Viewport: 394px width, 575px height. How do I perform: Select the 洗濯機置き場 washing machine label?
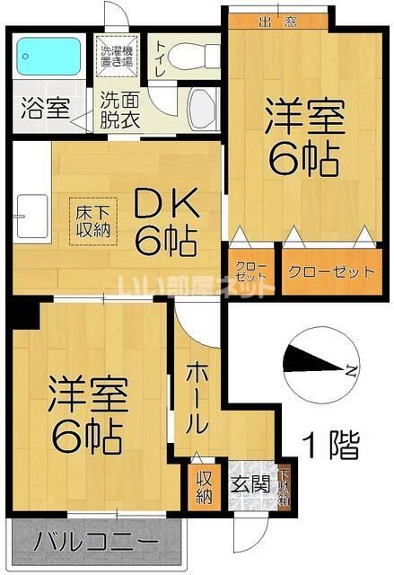coord(117,56)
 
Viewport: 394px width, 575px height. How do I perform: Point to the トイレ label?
coord(160,56)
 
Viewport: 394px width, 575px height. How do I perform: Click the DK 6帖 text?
coord(166,223)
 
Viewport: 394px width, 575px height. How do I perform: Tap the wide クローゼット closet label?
coord(329,271)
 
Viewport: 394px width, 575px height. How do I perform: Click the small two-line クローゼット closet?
coord(250,271)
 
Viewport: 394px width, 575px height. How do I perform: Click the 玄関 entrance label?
coord(251,485)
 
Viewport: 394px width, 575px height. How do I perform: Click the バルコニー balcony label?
coord(97,544)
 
